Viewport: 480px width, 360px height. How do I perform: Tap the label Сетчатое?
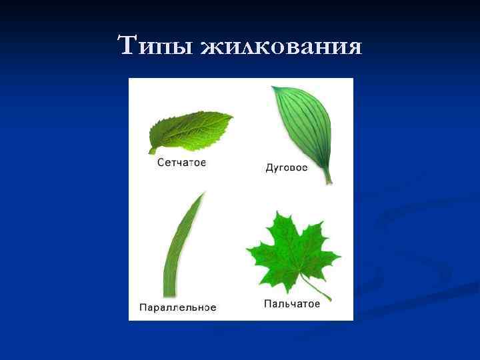click(181, 162)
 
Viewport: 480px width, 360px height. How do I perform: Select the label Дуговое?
click(287, 167)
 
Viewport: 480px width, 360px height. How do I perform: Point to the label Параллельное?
click(177, 307)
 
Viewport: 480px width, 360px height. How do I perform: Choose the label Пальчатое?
click(292, 303)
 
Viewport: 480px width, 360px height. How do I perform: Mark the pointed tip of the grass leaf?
click(203, 193)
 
